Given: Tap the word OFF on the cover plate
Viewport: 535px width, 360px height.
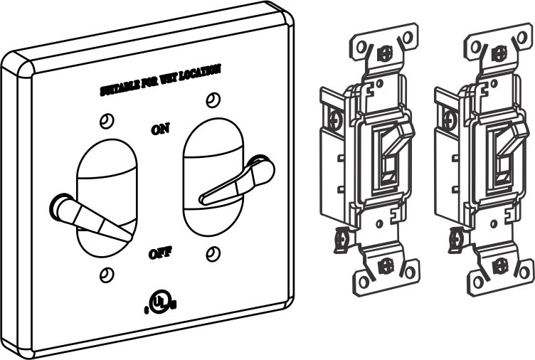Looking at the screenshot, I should [159, 253].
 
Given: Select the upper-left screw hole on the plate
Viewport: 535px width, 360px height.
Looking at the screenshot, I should [106, 120].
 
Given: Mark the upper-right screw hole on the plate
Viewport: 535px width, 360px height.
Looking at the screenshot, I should [211, 99].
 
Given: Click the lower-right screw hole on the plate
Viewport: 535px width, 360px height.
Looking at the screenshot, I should [211, 253].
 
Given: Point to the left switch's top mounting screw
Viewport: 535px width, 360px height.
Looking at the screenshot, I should [385, 53].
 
